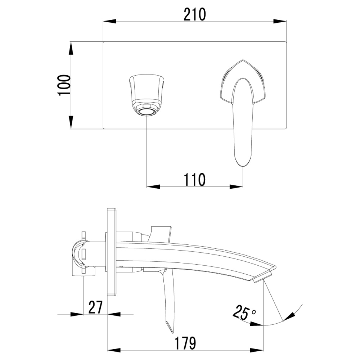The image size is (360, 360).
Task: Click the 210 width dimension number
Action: click(x=195, y=14)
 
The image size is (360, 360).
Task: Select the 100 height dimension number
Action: click(x=64, y=85)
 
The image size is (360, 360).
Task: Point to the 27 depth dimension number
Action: click(x=95, y=307)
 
